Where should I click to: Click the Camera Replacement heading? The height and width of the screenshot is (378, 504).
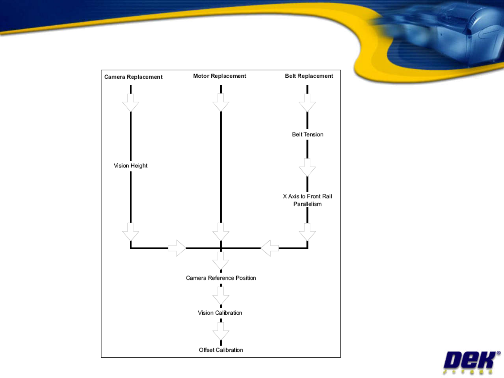tap(133, 77)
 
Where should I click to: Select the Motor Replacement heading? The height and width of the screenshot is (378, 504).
tap(219, 76)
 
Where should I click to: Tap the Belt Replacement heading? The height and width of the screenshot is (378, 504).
tap(309, 76)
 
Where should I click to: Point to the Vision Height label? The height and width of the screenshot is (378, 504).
tap(131, 166)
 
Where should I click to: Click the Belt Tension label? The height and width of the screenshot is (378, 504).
tap(308, 135)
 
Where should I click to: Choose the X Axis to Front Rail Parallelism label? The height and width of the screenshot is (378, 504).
tap(307, 200)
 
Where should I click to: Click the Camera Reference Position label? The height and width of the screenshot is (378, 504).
tap(221, 278)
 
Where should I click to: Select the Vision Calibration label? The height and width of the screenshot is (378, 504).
tap(220, 313)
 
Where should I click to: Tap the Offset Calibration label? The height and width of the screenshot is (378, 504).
tap(221, 350)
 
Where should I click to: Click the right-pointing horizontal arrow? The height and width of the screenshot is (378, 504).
tap(177, 248)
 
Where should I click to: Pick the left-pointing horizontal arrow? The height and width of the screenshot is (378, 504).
tap(269, 248)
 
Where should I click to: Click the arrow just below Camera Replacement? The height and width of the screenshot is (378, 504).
tap(131, 103)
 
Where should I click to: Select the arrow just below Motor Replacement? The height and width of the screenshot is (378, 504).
tap(221, 103)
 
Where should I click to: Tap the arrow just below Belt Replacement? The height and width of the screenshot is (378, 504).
tap(307, 103)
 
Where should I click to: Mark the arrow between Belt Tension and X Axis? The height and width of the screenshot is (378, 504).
tap(307, 168)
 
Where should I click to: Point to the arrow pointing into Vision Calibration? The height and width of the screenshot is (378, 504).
tap(221, 296)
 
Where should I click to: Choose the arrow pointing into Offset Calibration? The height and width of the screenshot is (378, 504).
tap(221, 331)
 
